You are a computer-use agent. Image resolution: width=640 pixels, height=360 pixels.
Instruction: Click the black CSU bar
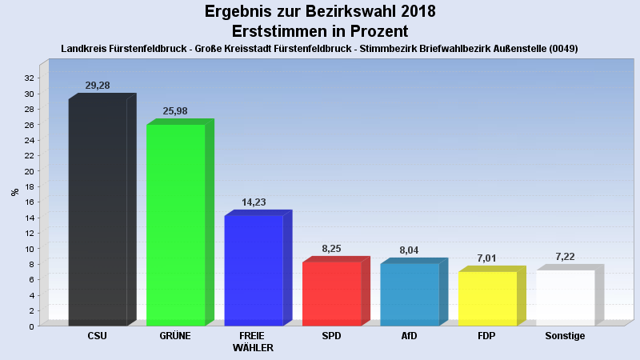pyautogui.click(x=98, y=212)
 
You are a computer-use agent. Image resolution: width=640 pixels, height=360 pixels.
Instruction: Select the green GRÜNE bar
pyautogui.click(x=176, y=225)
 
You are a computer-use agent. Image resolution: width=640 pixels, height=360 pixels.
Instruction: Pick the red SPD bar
pyautogui.click(x=332, y=294)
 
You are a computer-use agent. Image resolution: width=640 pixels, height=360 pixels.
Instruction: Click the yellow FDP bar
pyautogui.click(x=488, y=298)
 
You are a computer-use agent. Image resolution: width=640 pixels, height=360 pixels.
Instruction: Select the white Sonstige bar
pyautogui.click(x=566, y=298)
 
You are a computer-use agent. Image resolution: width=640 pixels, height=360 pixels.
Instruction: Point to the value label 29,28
pyautogui.click(x=98, y=86)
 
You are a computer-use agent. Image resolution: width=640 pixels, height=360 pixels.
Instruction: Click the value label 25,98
pyautogui.click(x=176, y=111)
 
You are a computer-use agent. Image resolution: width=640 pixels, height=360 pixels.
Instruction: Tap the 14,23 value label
pyautogui.click(x=254, y=202)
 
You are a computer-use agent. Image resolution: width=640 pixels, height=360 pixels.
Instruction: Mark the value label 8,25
pyautogui.click(x=332, y=249)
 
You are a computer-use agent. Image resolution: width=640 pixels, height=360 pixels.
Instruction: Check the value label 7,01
pyautogui.click(x=488, y=258)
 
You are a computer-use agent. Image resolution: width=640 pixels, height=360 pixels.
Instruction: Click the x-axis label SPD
pyautogui.click(x=332, y=336)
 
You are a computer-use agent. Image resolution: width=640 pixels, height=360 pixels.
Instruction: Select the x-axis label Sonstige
pyautogui.click(x=565, y=336)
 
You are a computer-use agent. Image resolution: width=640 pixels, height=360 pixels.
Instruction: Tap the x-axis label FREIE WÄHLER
pyautogui.click(x=254, y=342)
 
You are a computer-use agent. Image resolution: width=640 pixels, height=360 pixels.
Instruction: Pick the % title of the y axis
pyautogui.click(x=14, y=192)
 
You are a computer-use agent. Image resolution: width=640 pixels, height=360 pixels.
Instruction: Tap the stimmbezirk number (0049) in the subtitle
pyautogui.click(x=562, y=49)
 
